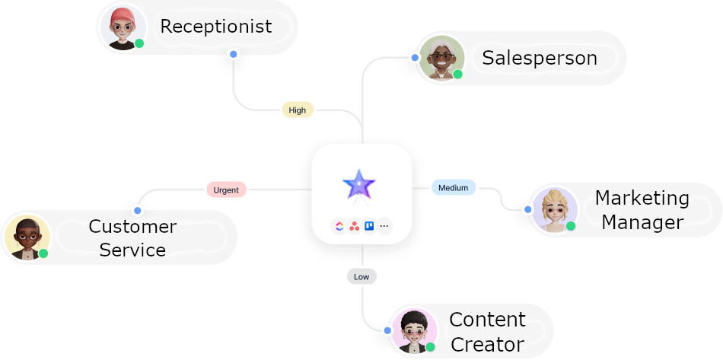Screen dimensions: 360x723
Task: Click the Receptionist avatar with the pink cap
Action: coord(122,28)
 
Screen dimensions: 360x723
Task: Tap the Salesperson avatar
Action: coord(441,58)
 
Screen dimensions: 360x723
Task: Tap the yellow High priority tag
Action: coord(298,110)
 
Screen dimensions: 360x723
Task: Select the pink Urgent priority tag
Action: coord(226,190)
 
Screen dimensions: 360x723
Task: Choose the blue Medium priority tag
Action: coord(454,187)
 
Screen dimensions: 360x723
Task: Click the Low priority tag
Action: coord(361,276)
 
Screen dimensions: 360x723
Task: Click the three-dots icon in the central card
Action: coord(384,226)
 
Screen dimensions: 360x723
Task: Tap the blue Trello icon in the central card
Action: coord(369,226)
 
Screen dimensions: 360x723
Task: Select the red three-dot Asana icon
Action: coord(354,226)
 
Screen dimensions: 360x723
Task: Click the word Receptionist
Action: coord(215,27)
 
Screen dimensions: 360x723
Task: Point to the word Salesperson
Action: coord(539,58)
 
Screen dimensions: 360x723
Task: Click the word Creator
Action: coord(487,343)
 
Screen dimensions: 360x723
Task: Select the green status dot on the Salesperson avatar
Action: coord(458,74)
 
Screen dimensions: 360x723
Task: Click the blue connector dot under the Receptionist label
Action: coord(233,55)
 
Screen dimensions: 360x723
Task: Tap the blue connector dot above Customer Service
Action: coord(137,209)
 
